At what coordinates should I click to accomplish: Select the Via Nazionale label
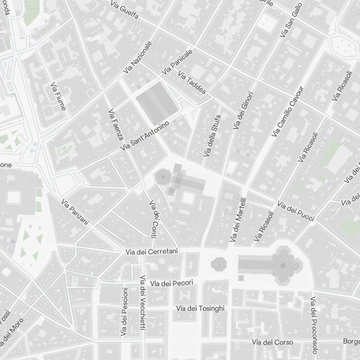point(137,58)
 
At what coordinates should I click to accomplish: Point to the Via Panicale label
point(177,62)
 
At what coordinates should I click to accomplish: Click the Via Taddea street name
point(192,83)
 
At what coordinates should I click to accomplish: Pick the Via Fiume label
point(58,96)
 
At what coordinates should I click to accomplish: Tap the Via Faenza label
point(116,124)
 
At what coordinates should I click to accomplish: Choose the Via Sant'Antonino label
point(145,136)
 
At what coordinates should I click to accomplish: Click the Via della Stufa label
point(212,135)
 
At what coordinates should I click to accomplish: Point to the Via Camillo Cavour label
point(288,112)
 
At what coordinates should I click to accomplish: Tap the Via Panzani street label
point(75,212)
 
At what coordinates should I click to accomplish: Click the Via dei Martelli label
point(238,219)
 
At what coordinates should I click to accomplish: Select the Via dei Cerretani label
point(152,252)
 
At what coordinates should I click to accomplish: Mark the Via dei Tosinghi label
point(201,309)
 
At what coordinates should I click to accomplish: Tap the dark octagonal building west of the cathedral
point(219,264)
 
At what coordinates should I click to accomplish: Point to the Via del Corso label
point(273,342)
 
